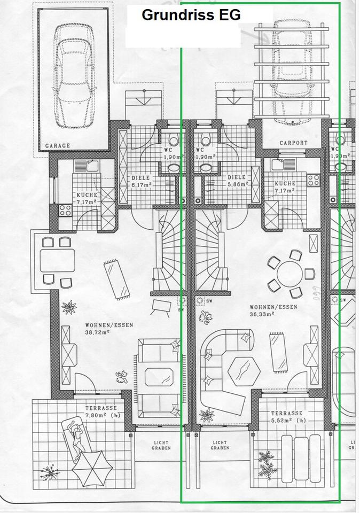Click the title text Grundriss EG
(191, 15)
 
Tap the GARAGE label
(57, 145)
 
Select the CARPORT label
(293, 143)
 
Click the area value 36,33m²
(261, 315)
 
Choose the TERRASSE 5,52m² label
(286, 417)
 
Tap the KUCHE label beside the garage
(87, 198)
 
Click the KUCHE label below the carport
(284, 186)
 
